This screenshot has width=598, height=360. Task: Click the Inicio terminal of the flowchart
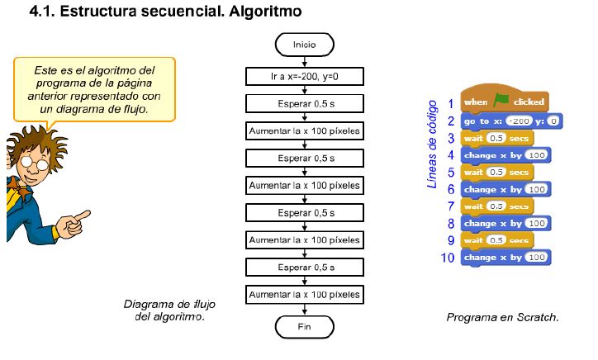304,43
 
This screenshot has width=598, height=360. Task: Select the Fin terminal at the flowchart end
304,327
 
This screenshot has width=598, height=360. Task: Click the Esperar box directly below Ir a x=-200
304,105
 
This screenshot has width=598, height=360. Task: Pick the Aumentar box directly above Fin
304,295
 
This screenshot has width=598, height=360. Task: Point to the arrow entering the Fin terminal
304,310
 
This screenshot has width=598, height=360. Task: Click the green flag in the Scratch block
501,102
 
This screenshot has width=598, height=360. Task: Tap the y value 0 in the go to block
553,121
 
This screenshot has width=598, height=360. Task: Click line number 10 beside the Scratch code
448,258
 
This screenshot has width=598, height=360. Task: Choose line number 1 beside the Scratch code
450,103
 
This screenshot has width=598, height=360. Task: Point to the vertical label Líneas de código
431,145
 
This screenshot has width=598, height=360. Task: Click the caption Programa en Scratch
502,317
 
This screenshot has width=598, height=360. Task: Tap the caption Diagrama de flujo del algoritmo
169,310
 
